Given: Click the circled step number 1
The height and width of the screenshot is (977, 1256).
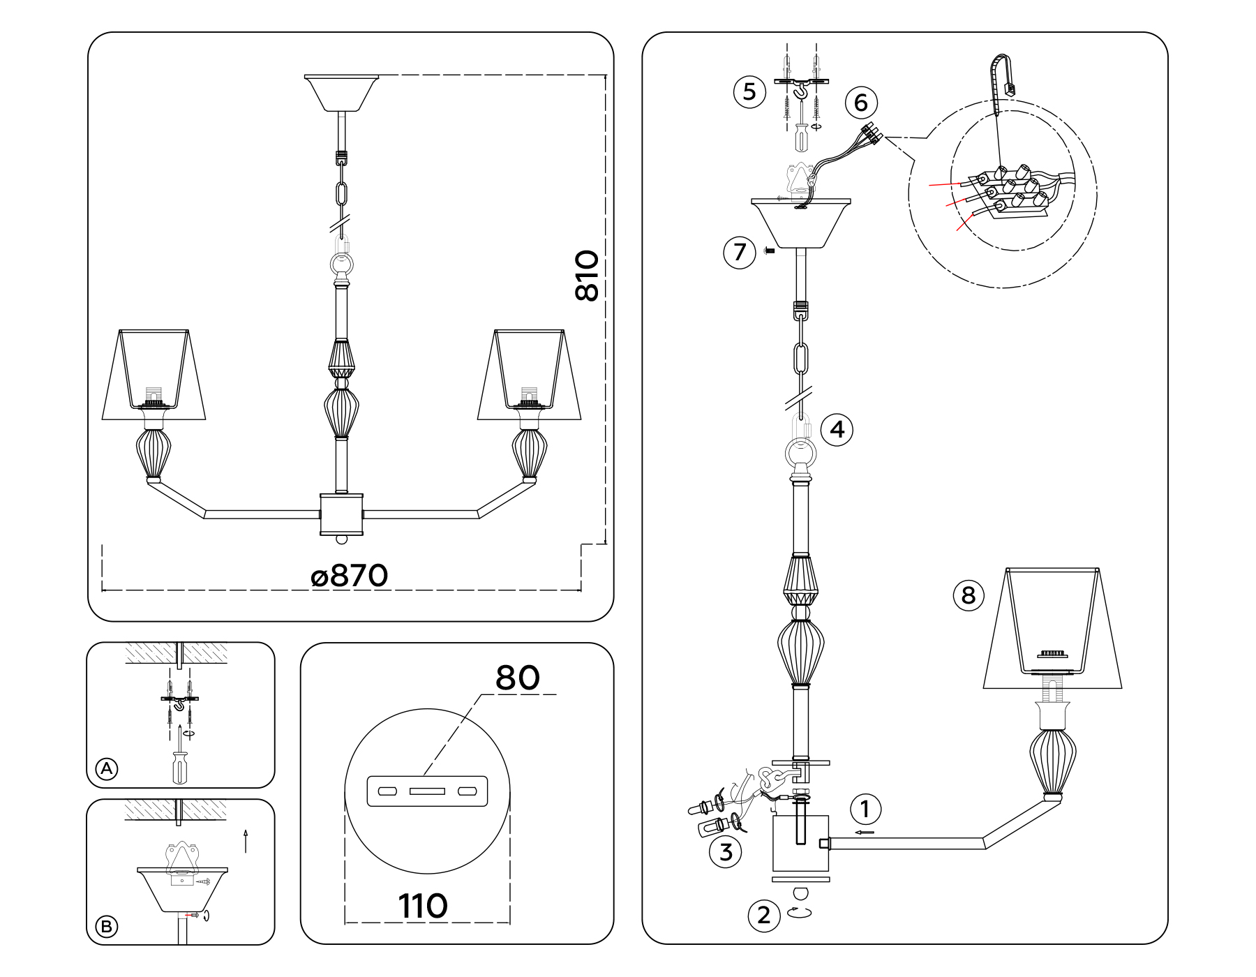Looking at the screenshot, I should tap(865, 810).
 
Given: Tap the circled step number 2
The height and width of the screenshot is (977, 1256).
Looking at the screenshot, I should tap(763, 915).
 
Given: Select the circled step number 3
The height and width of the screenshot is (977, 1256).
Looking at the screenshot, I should tap(726, 852).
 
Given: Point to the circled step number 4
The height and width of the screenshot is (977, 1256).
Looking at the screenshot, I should tap(837, 429).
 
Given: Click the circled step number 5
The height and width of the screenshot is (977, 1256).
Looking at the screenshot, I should tap(749, 91).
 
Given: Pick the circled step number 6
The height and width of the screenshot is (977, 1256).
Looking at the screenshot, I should tap(860, 103).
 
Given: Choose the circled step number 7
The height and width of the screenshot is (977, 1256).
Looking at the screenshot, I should tap(740, 252).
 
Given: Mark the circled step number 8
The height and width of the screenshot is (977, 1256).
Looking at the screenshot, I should tap(969, 595).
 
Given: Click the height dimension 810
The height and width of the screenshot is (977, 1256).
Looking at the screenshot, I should tap(587, 276).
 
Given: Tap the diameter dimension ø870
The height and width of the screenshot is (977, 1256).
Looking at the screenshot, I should tap(349, 576).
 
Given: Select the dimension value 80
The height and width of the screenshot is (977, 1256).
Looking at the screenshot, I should tap(517, 678).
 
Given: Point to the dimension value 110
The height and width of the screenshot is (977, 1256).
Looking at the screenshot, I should tap(423, 907).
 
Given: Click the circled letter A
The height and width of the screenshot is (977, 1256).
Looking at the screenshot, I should tap(106, 769).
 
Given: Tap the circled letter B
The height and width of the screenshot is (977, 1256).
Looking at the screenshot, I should tap(106, 927).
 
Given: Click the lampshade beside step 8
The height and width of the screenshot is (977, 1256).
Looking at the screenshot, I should tap(1052, 628).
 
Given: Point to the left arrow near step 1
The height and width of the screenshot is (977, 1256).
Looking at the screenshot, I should tap(865, 833).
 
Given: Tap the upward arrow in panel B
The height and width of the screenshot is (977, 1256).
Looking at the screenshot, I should tap(246, 841).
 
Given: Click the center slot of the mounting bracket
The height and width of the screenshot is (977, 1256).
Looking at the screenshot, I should tap(427, 792).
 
